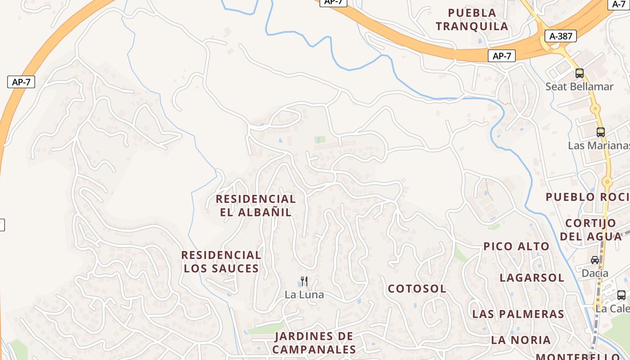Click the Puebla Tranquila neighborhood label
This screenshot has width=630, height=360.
472,19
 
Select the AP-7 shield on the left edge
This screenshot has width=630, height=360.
21,82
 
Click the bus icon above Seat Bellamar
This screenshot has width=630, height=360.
580,73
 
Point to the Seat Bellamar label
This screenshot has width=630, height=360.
579,86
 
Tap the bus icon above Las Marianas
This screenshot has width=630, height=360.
601,132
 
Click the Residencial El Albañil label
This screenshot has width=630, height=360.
256,205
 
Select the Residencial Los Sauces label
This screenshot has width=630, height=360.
221,261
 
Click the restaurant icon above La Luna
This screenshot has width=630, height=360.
304,282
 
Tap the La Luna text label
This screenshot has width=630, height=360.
304,295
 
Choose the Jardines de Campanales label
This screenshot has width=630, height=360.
314,342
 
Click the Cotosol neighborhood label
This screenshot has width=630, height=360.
417,288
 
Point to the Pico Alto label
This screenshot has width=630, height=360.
516,246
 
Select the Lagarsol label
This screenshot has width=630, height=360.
531,278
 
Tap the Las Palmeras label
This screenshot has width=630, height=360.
518,314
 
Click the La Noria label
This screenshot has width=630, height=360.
521,340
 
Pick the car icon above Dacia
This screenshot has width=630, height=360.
595,260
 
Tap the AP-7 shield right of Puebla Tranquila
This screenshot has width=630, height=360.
502,56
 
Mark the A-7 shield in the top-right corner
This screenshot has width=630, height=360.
620,4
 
